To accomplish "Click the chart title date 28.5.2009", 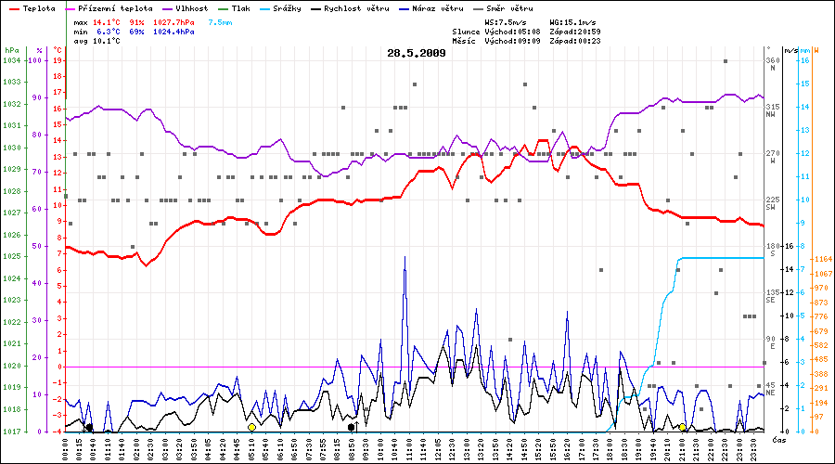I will click(417, 53).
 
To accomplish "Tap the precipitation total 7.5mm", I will click(222, 20).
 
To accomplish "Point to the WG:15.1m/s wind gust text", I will click(575, 20).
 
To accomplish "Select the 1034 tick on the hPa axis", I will click(11, 60).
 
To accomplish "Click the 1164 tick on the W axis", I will click(821, 259).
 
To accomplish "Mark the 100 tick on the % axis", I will click(37, 60).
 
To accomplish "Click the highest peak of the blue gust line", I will click(405, 257).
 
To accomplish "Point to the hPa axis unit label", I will click(11, 49).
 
